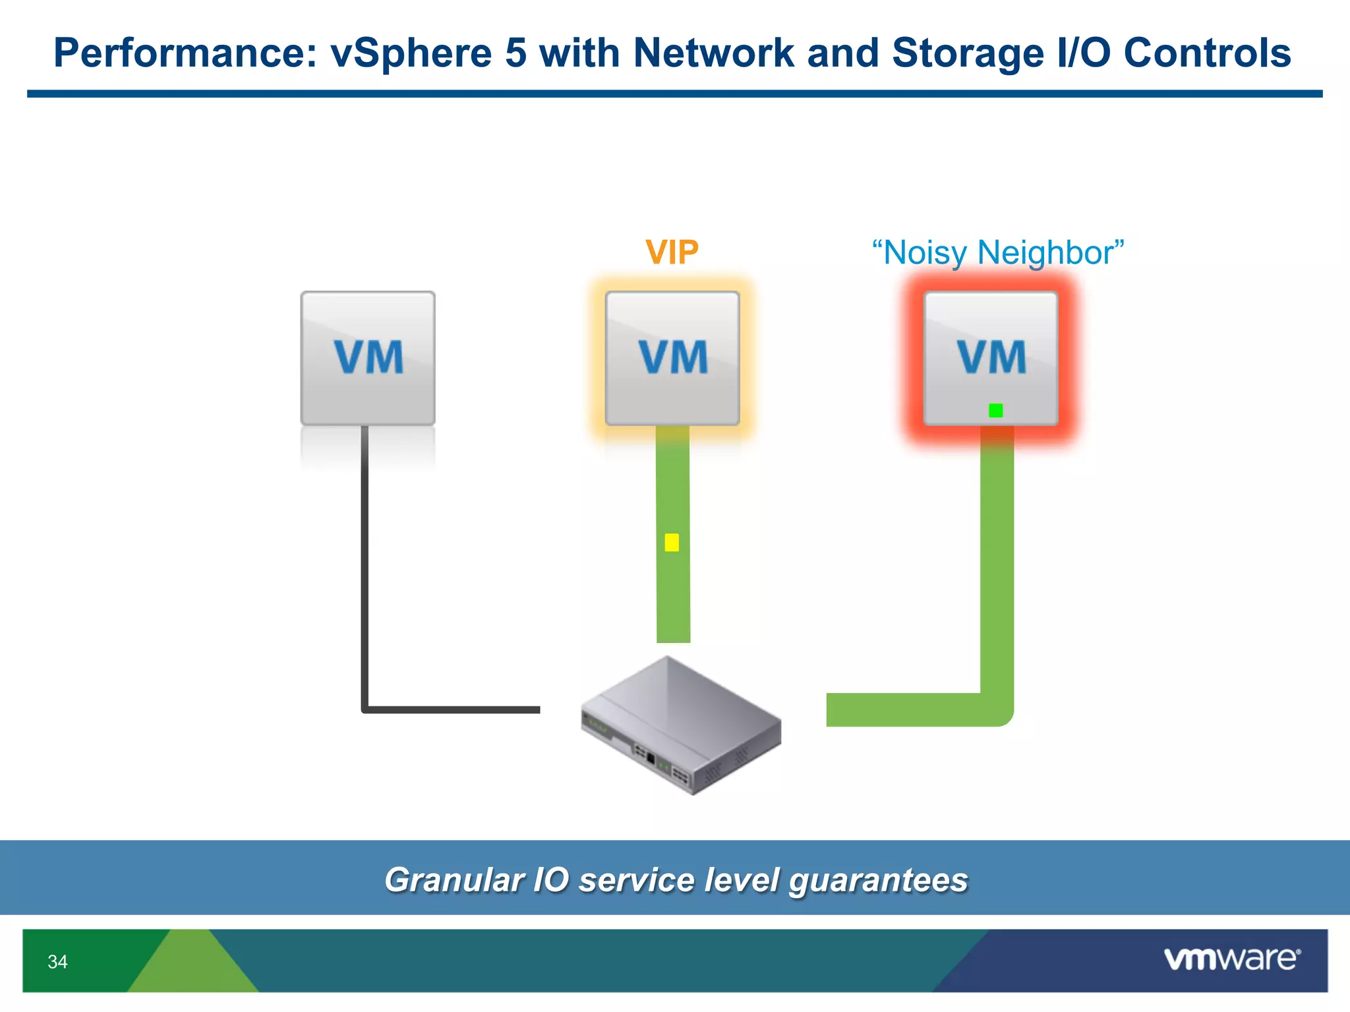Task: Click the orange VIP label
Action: [x=672, y=252]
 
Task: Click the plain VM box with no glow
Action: [x=368, y=358]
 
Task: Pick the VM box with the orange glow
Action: [x=672, y=358]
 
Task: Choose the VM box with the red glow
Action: [x=991, y=358]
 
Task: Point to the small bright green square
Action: [x=996, y=410]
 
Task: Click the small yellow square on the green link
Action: [x=672, y=542]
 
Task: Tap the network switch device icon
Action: [x=681, y=725]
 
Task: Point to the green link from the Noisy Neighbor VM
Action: [x=997, y=580]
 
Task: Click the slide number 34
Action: [x=57, y=962]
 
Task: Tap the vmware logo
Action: [x=1232, y=959]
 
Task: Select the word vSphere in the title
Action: [x=410, y=53]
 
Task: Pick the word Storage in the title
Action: [x=968, y=53]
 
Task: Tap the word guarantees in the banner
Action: [x=879, y=880]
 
